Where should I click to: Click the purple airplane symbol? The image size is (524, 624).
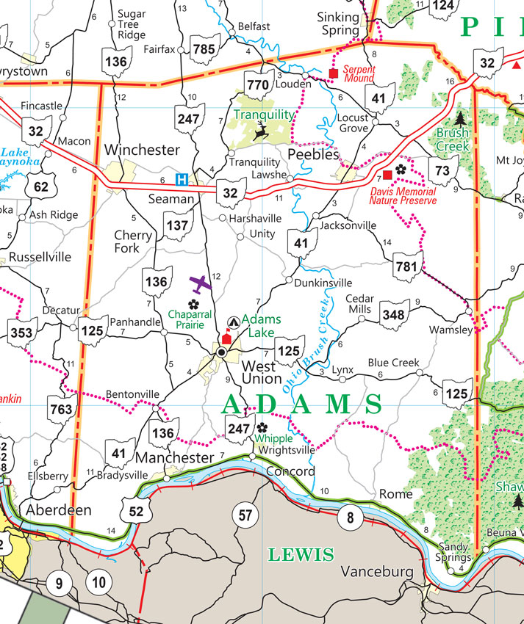[200, 283]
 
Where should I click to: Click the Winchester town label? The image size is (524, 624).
[142, 150]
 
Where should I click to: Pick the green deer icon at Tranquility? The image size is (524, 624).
[260, 132]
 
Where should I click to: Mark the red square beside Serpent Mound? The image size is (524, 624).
[333, 74]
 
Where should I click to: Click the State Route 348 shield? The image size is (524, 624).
[394, 314]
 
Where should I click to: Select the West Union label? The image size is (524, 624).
[262, 372]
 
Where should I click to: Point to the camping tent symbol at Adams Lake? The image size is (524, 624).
[233, 322]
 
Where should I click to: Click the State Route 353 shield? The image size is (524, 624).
[24, 333]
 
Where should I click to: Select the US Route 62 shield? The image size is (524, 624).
[40, 186]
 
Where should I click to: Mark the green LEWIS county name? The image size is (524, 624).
[301, 555]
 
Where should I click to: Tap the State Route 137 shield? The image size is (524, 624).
[177, 226]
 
